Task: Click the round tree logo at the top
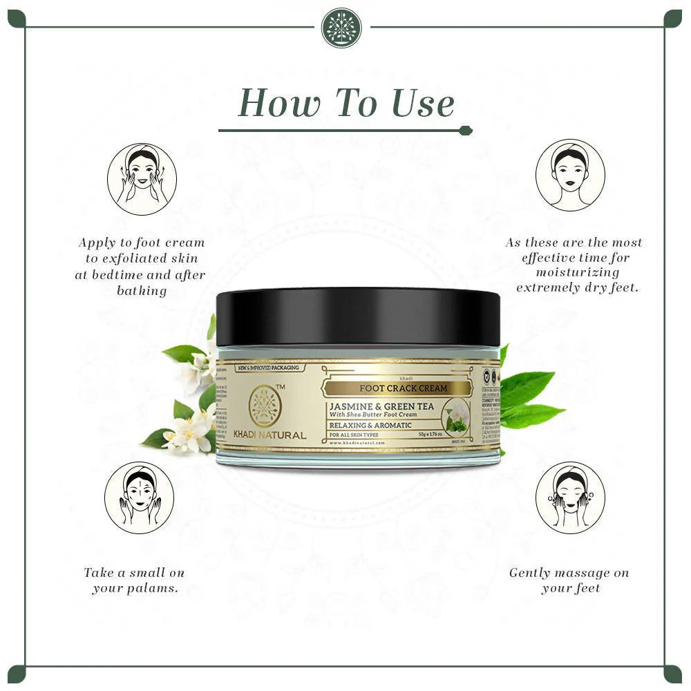(342, 28)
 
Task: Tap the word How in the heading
(279, 104)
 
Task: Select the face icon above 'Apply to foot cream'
(142, 178)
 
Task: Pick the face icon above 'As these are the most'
(570, 175)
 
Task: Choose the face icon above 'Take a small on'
(139, 498)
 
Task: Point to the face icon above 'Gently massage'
(570, 498)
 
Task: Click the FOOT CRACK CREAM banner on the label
(393, 388)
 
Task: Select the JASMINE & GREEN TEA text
(381, 406)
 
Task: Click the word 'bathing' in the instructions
(142, 291)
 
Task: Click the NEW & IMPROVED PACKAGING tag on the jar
(268, 368)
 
